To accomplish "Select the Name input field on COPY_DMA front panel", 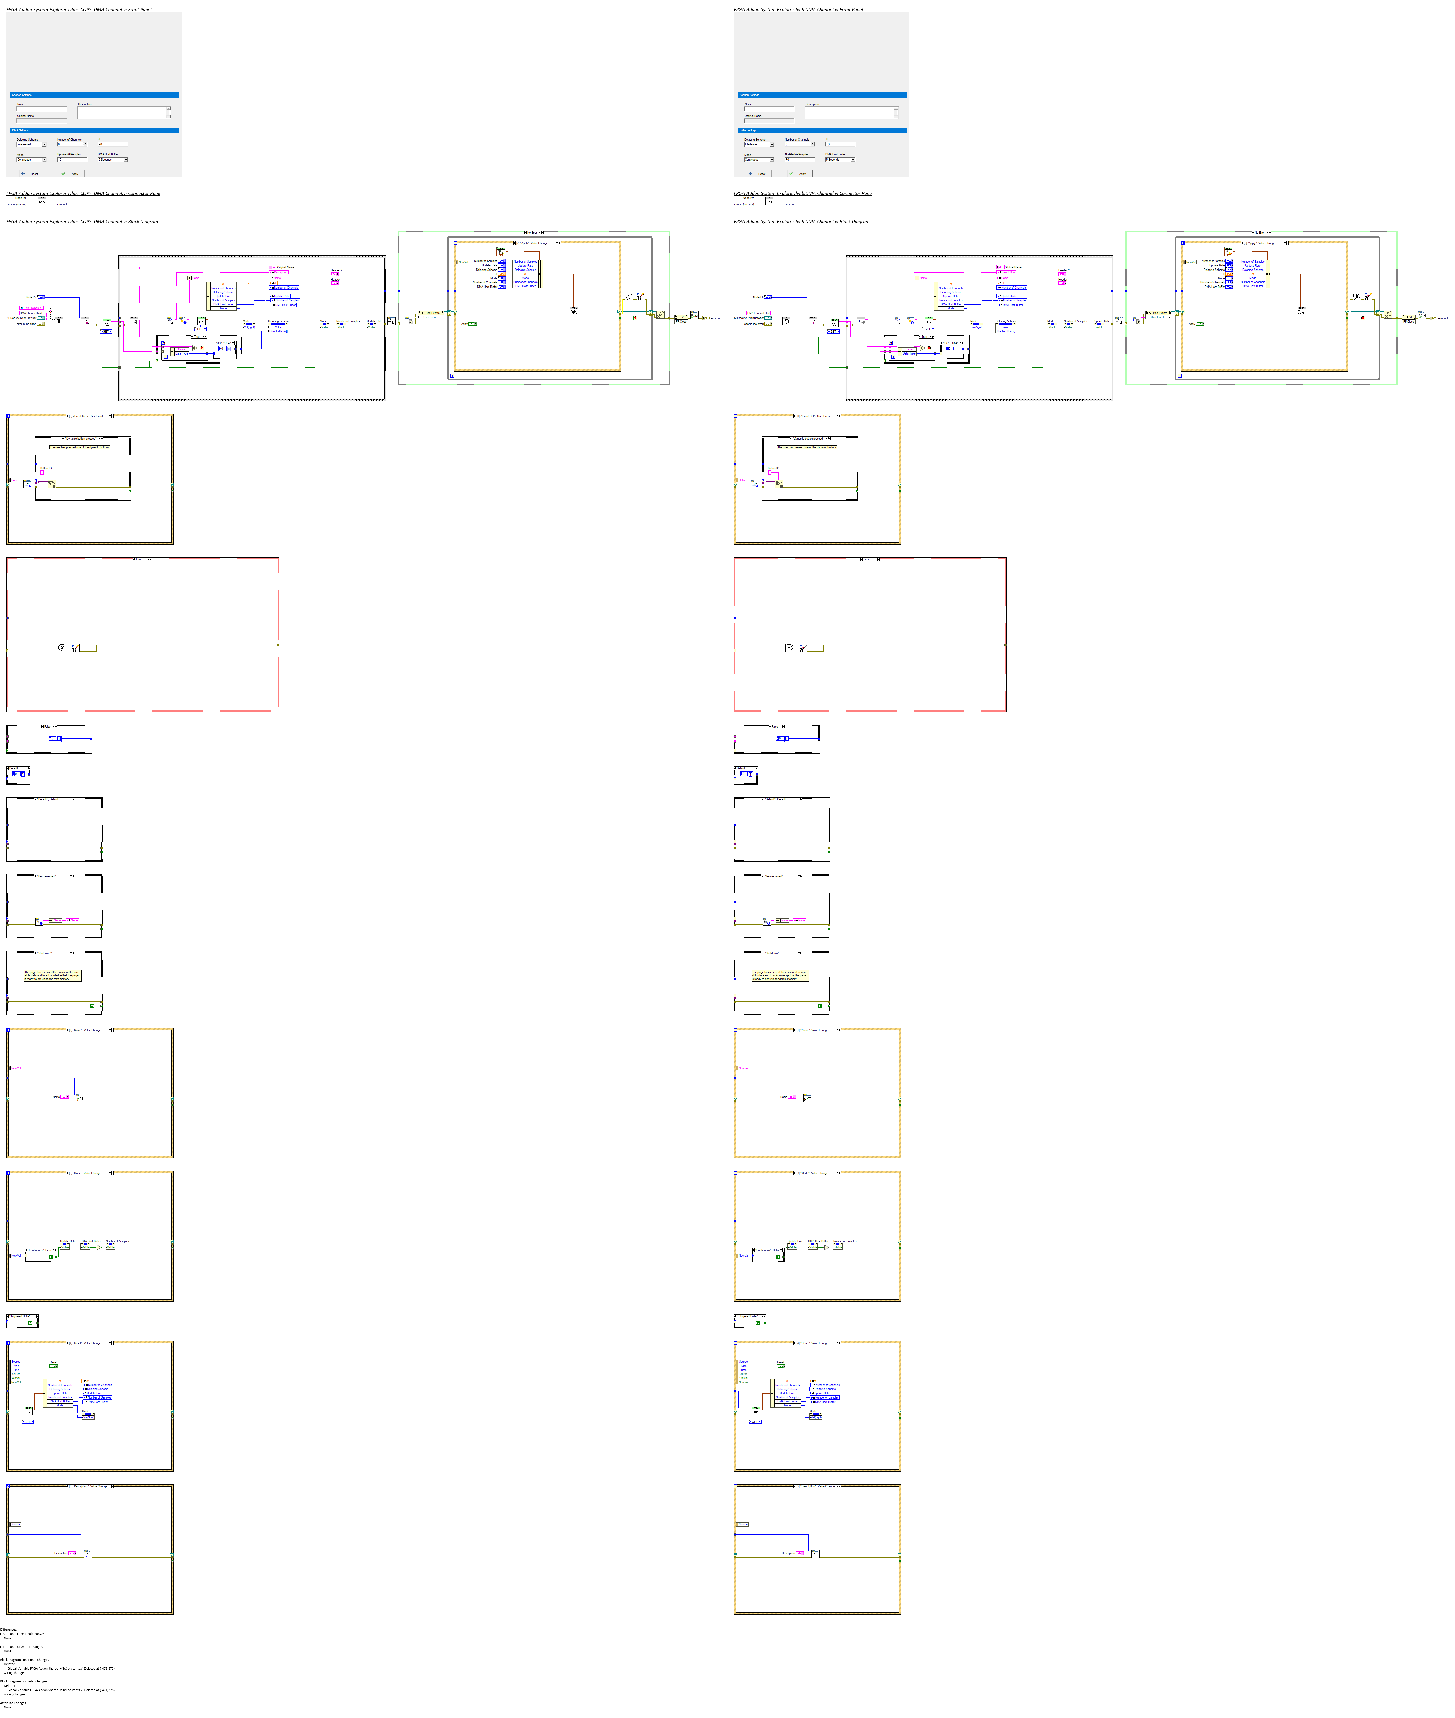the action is tap(41, 109).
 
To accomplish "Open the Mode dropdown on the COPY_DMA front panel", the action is tap(31, 160).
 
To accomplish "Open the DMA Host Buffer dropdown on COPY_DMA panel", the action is tap(112, 160).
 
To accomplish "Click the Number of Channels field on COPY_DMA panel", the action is tap(70, 144).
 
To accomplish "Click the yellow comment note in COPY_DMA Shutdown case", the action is tap(52, 975).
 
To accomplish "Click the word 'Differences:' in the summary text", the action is tap(8, 1630).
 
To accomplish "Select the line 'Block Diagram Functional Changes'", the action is tap(25, 1659).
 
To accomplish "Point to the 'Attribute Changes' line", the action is tap(13, 1702).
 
